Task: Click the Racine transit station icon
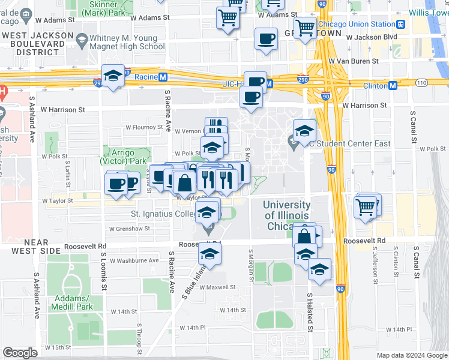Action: click(x=162, y=77)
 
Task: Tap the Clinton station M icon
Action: click(x=393, y=85)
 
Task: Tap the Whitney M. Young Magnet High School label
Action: click(x=126, y=41)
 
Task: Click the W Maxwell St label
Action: click(x=217, y=287)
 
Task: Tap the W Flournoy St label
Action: click(x=144, y=127)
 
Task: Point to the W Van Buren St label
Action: click(x=353, y=61)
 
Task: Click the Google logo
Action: click(x=20, y=353)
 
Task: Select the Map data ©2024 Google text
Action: click(x=412, y=355)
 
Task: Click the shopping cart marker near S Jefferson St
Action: click(x=366, y=208)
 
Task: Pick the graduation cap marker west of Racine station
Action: click(x=113, y=76)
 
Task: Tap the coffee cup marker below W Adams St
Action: click(x=266, y=40)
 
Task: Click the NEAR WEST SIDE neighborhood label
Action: click(x=35, y=246)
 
